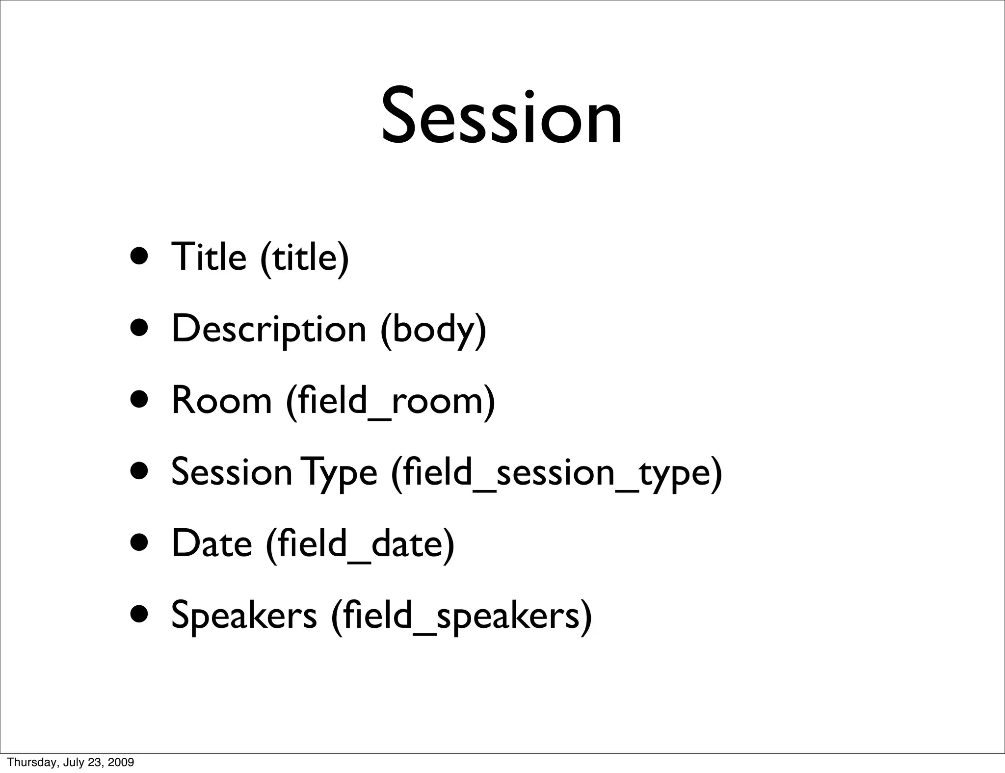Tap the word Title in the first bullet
(209, 257)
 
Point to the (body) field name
(433, 330)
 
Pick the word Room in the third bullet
(221, 401)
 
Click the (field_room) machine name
(390, 402)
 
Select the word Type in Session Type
(339, 473)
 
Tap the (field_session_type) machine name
(556, 473)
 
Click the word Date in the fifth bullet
(212, 544)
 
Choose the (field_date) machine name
(360, 545)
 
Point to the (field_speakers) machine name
(461, 616)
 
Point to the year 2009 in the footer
(121, 762)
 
